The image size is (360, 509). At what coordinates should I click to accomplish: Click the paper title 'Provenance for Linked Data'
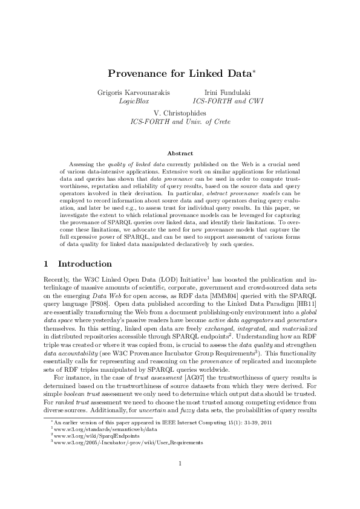pyautogui.click(x=178, y=74)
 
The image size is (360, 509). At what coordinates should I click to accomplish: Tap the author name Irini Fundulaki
pyautogui.click(x=227, y=92)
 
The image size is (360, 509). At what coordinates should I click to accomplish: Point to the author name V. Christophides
pyautogui.click(x=180, y=112)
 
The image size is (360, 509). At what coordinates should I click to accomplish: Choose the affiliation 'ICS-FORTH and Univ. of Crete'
pyautogui.click(x=180, y=122)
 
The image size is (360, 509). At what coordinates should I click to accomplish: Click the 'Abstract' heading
pyautogui.click(x=180, y=154)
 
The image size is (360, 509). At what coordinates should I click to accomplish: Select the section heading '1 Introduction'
pyautogui.click(x=78, y=264)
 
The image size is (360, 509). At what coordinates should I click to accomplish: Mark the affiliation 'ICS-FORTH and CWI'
pyautogui.click(x=227, y=101)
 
